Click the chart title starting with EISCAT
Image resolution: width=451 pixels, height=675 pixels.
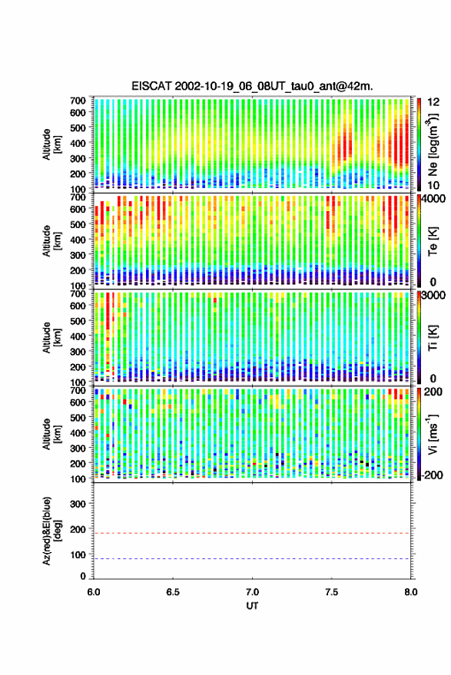coord(252,86)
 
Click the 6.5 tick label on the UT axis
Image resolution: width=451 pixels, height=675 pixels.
coord(173,592)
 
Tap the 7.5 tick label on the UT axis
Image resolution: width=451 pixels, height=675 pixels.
coord(331,592)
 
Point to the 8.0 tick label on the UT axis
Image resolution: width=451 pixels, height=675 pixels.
coord(410,592)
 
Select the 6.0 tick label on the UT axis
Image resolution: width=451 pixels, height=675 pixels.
coord(94,592)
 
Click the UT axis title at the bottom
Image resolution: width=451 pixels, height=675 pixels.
coord(252,606)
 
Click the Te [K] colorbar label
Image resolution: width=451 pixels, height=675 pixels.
coord(433,241)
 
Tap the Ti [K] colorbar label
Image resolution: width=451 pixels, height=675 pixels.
coord(433,338)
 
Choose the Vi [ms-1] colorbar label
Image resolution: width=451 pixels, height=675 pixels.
coord(433,434)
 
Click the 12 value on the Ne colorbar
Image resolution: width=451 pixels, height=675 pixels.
coord(434,102)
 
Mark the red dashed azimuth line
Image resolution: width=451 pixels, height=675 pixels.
coord(252,533)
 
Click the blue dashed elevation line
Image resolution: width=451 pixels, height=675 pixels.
coord(252,559)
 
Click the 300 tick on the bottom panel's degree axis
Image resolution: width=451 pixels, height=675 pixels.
coord(78,504)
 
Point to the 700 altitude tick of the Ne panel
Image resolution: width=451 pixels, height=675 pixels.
coord(78,101)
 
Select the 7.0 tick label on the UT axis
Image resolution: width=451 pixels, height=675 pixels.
coord(252,592)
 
